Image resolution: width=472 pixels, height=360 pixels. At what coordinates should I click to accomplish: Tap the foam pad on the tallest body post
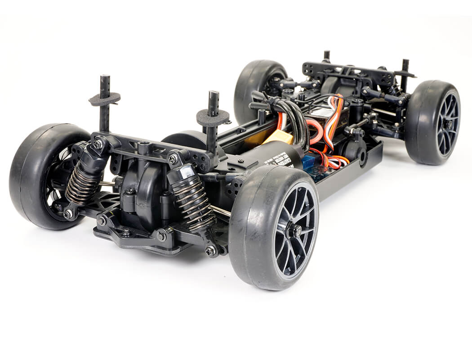tap(104, 99)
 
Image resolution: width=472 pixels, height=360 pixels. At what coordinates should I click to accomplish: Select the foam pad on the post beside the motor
tap(213, 118)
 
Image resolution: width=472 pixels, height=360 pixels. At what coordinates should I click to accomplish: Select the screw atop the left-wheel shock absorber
tap(98, 144)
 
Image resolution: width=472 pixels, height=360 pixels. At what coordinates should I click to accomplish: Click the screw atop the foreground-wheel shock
tap(173, 158)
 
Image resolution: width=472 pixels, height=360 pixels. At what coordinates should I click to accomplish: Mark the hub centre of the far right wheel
tap(449, 124)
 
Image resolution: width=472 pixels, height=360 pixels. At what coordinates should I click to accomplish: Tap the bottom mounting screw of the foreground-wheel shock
tap(210, 251)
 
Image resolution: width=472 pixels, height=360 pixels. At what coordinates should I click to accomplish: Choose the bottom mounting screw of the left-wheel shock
tap(68, 214)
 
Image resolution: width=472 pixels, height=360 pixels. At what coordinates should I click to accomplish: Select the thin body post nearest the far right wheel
tap(405, 74)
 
